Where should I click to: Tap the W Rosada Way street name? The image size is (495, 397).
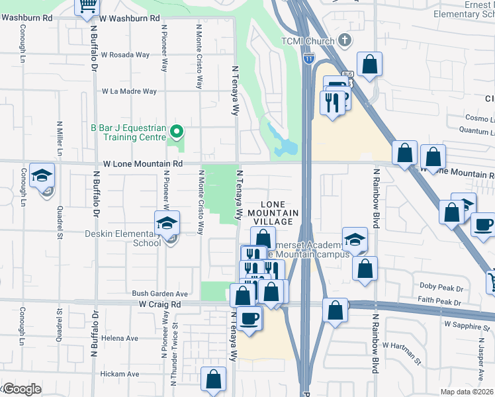(125, 55)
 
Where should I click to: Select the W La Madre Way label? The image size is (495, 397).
(129, 91)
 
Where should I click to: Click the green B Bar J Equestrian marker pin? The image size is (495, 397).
(175, 131)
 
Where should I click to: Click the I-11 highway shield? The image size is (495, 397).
(308, 60)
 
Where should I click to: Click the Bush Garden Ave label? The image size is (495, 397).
(160, 293)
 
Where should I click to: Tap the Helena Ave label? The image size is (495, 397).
(120, 337)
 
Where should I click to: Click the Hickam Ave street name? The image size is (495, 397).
(120, 374)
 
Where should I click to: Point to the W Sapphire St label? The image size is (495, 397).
(469, 325)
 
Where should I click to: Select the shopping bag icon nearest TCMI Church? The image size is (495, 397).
(369, 64)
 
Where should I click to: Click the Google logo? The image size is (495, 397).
(21, 389)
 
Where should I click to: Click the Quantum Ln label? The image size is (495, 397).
(472, 132)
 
